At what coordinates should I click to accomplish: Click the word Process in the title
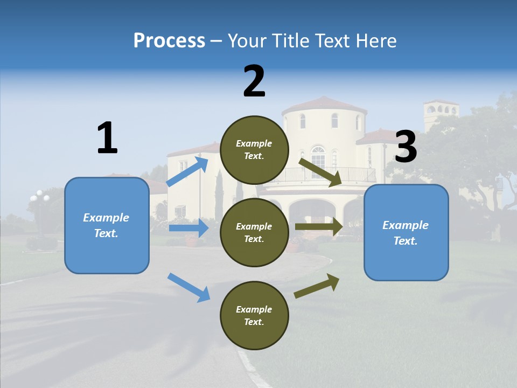pos(169,41)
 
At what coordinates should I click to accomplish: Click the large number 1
pos(107,138)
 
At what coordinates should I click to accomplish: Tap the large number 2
pos(254,81)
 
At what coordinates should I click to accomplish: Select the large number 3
pos(406,147)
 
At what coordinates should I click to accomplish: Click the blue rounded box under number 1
pos(107,225)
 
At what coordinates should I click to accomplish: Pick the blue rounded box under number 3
pos(406,232)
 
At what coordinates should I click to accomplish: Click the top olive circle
pos(254,150)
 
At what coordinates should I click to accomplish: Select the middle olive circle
pos(254,232)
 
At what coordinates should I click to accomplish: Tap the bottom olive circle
pos(254,315)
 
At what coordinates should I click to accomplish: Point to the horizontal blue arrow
pos(188,228)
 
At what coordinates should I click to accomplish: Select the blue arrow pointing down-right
pos(188,287)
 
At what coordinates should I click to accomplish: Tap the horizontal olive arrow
pos(319,227)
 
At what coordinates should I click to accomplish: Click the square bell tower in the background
pos(441,113)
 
